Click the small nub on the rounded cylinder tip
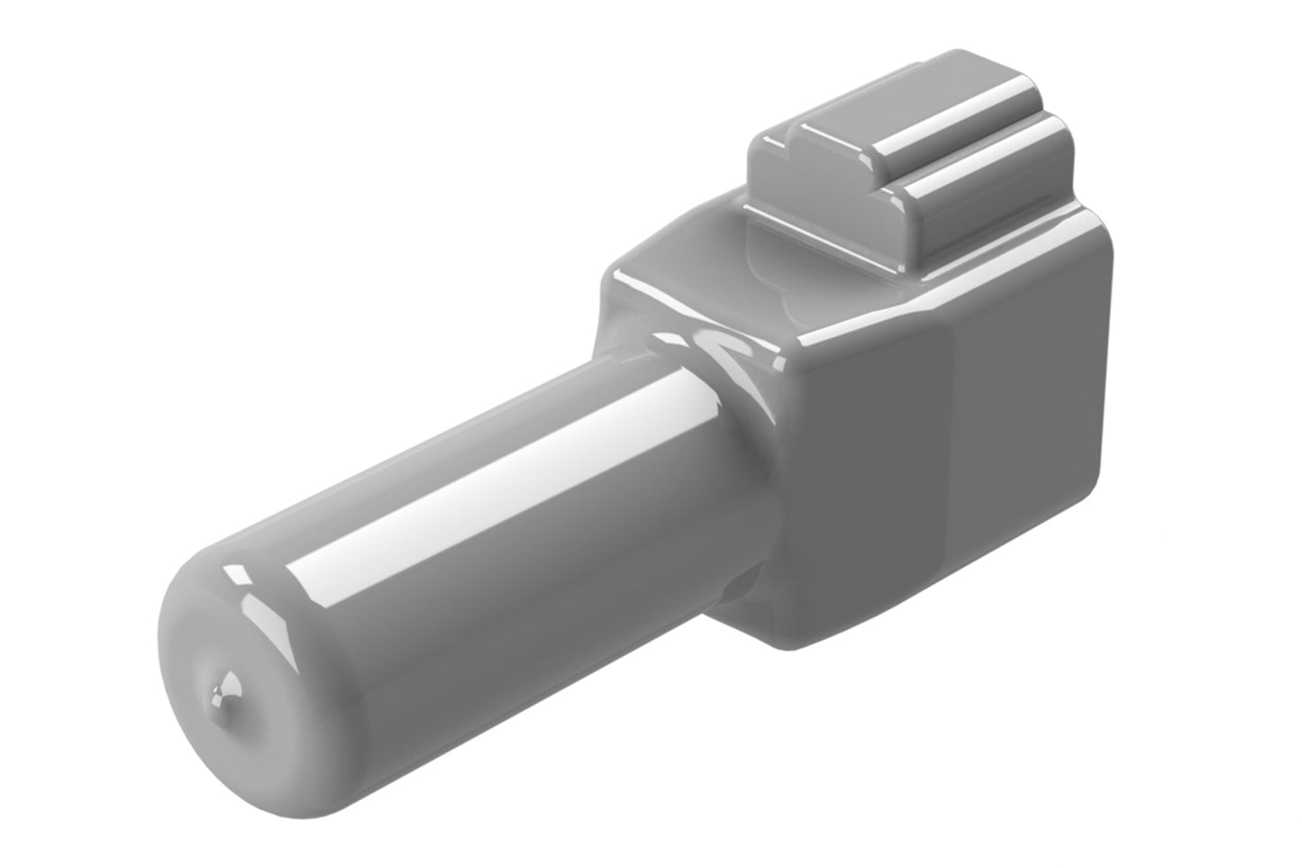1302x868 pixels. [x=225, y=695]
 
